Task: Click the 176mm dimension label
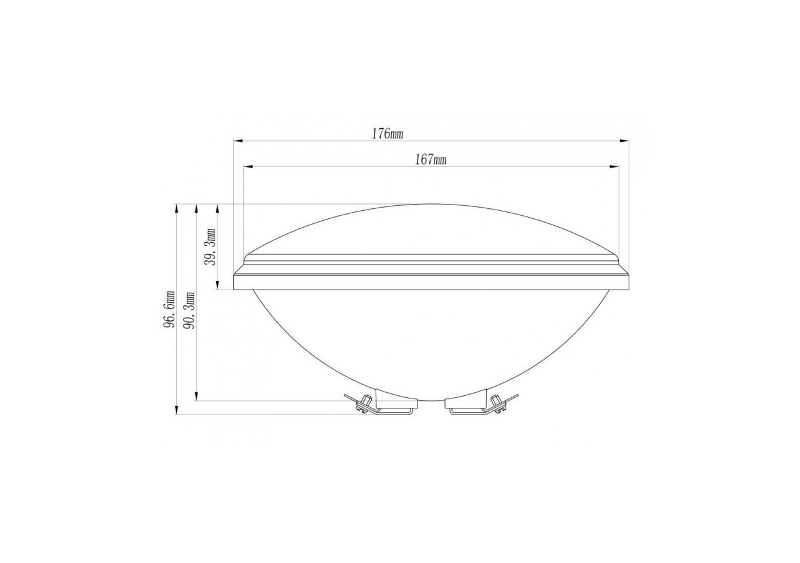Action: pos(387,134)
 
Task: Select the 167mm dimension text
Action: pos(431,160)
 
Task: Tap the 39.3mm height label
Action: pos(211,246)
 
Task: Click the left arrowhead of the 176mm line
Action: pos(237,141)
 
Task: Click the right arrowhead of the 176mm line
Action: pos(625,141)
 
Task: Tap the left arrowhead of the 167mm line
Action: pos(247,166)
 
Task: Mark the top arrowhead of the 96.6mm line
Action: pos(177,207)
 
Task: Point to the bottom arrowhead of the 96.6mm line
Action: pos(177,410)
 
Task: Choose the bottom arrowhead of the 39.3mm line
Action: pos(217,287)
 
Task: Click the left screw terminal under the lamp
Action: pos(362,404)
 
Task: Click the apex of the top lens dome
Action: pos(430,205)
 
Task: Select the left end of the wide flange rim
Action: pos(234,281)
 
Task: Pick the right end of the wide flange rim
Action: pos(627,281)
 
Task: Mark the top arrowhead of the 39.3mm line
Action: pos(217,207)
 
